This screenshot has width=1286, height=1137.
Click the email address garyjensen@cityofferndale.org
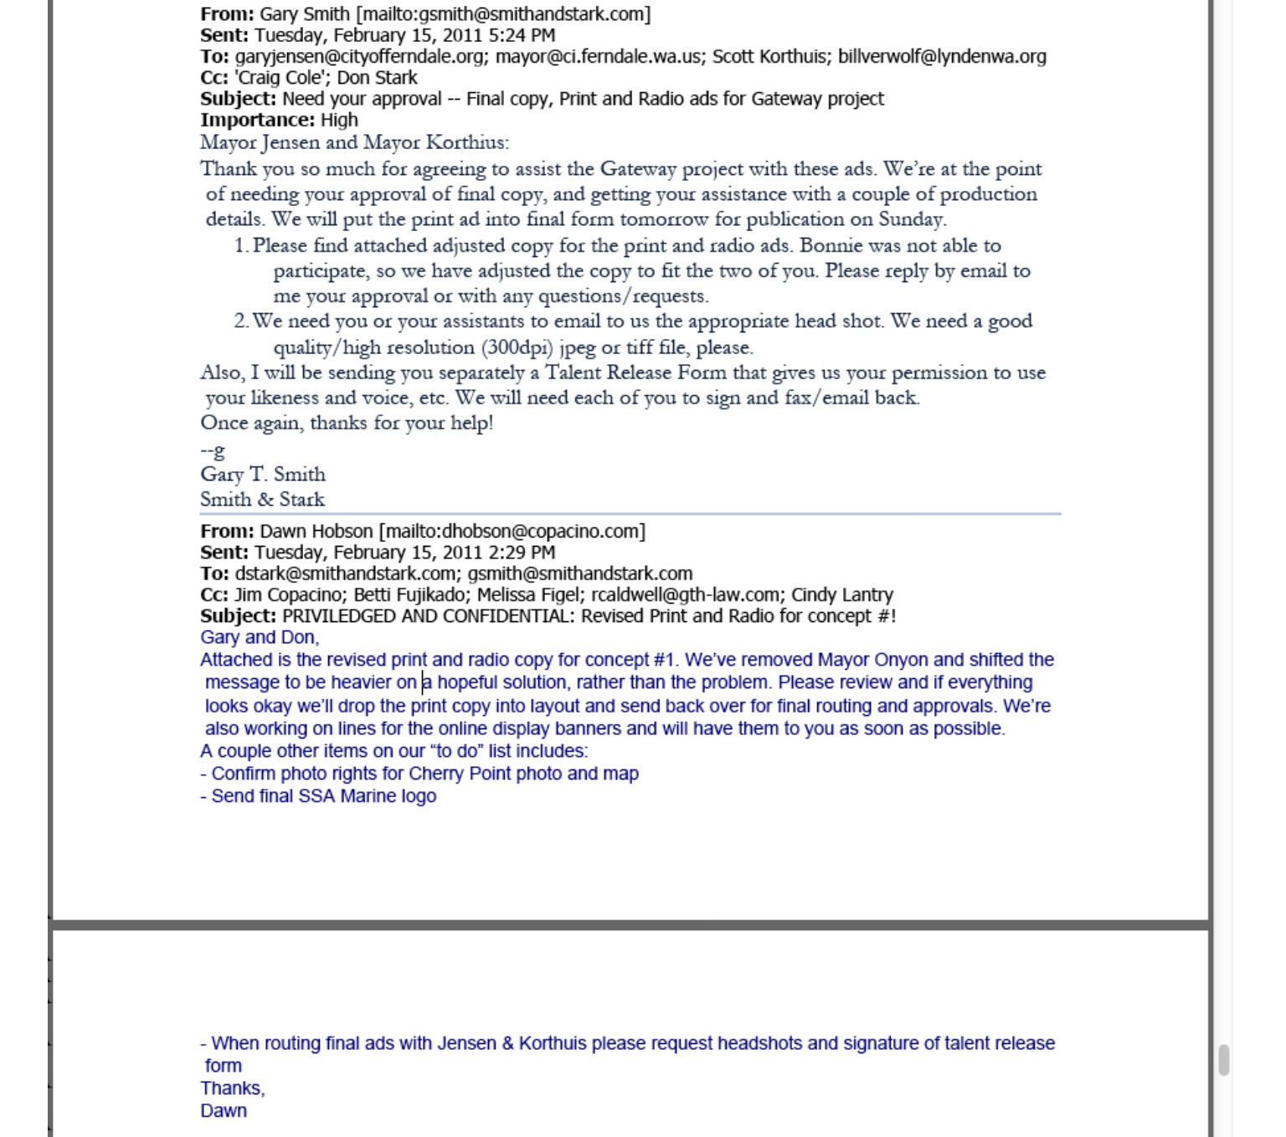tap(360, 57)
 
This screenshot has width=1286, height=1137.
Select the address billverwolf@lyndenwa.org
tap(942, 57)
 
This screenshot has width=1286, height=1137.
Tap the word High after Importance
tap(339, 120)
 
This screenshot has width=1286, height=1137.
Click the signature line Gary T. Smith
tap(263, 474)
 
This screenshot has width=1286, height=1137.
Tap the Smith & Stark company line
tap(262, 500)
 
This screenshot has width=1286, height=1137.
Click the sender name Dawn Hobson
tap(316, 532)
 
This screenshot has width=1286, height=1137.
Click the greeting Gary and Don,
tap(260, 638)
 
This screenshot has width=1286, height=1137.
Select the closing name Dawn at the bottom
tap(224, 1111)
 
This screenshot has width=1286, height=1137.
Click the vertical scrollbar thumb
tap(1224, 1060)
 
